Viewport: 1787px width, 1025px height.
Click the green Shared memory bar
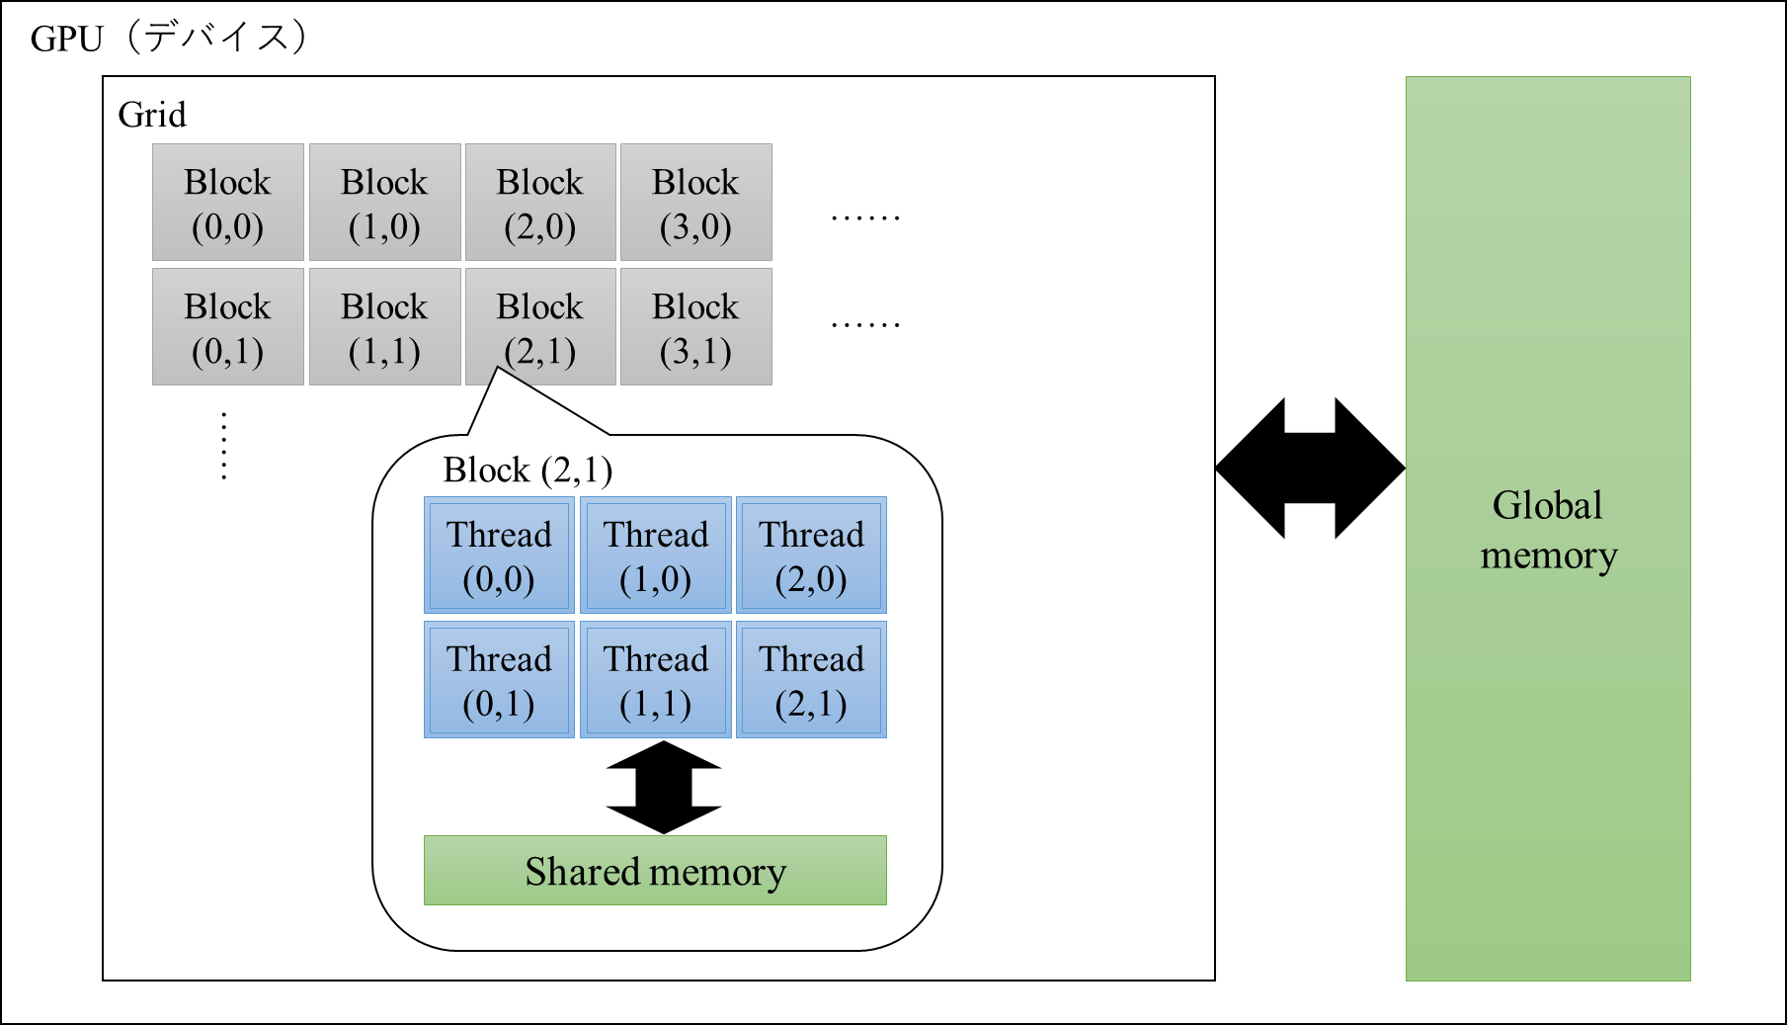pyautogui.click(x=655, y=871)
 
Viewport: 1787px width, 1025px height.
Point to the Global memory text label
pyautogui.click(x=1548, y=530)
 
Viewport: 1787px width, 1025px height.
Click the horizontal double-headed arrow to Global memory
pyautogui.click(x=1310, y=469)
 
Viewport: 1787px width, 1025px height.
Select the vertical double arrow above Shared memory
pyautogui.click(x=664, y=788)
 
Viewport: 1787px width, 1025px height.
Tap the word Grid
pyautogui.click(x=152, y=115)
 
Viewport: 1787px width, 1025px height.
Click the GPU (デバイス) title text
pyautogui.click(x=169, y=38)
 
